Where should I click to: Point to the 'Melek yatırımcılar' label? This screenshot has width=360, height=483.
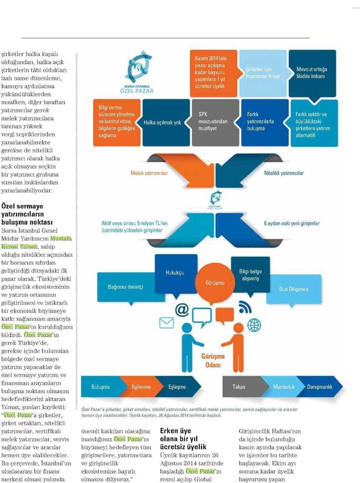click(x=150, y=173)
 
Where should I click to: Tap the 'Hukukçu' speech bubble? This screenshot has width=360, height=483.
click(x=174, y=273)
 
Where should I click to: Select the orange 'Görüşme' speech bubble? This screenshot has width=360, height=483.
click(x=215, y=283)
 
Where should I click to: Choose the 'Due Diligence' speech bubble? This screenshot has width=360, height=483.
click(x=294, y=289)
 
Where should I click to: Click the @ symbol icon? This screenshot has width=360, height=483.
click(x=182, y=310)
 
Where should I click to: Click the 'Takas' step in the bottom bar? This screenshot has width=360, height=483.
click(x=239, y=387)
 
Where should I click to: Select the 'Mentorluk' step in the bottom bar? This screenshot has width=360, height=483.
click(x=284, y=387)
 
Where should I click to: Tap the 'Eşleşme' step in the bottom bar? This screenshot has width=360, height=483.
click(x=177, y=387)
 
